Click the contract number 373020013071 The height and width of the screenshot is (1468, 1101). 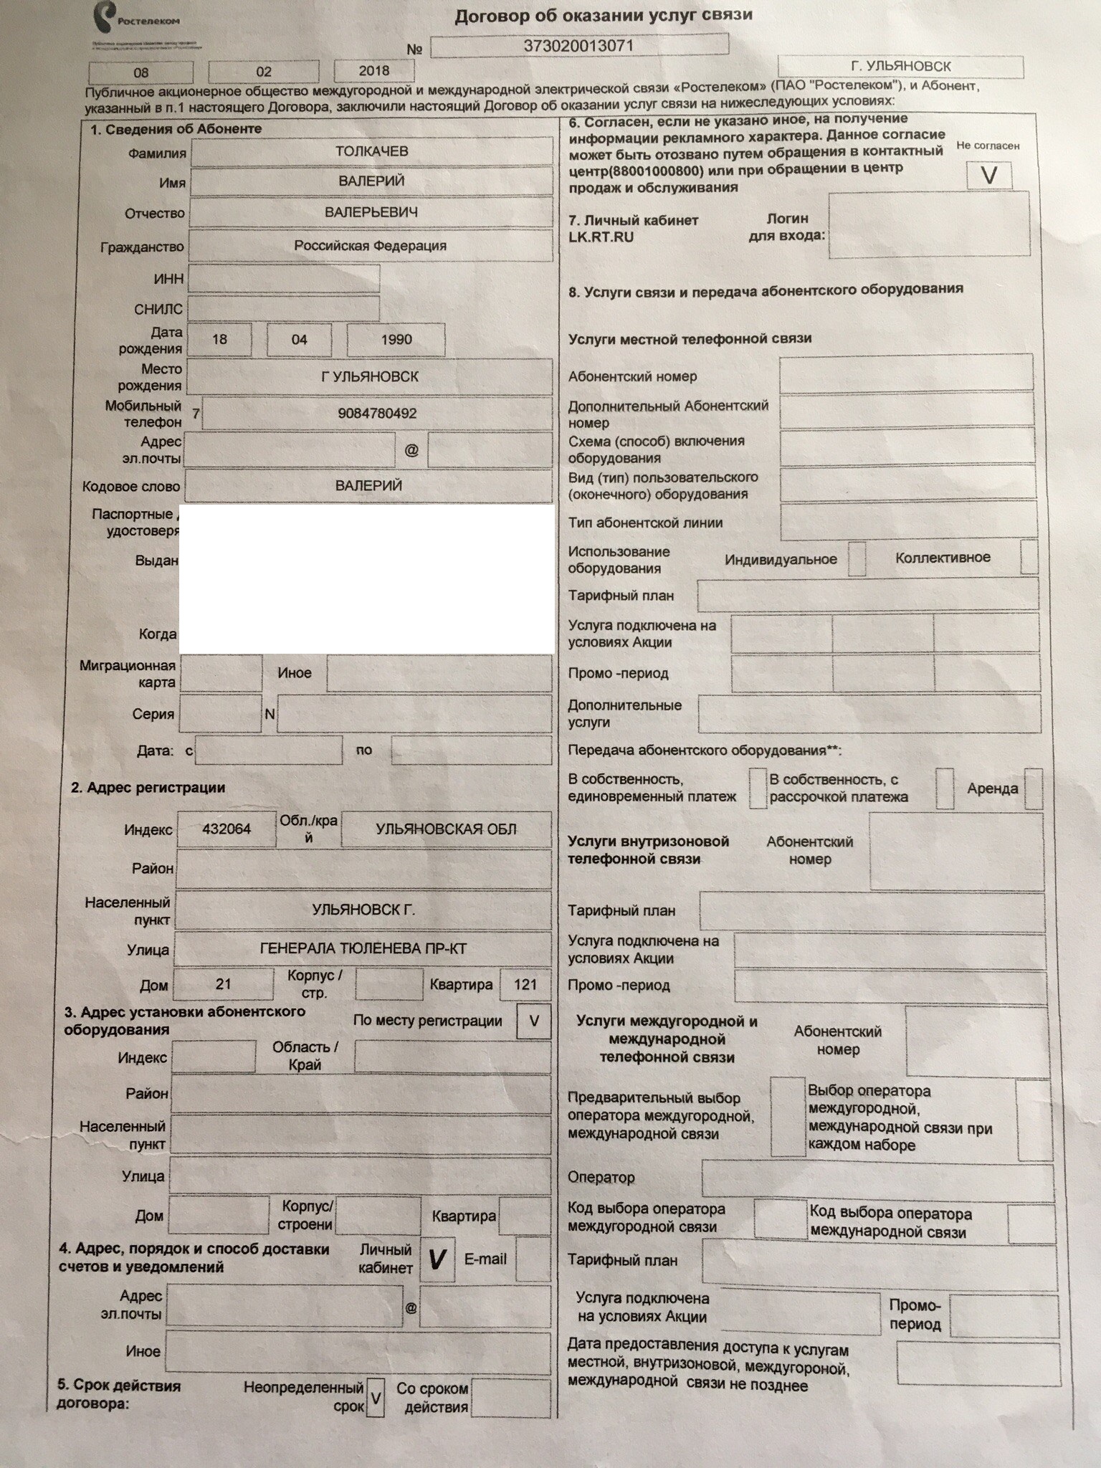click(579, 46)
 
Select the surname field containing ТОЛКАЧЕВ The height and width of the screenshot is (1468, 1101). click(371, 151)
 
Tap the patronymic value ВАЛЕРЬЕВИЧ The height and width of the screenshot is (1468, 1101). click(371, 213)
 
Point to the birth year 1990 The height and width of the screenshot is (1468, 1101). click(396, 340)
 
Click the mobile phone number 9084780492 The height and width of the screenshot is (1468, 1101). click(377, 414)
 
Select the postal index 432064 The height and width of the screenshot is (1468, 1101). click(227, 829)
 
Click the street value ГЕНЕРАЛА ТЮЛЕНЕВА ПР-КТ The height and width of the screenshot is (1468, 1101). click(363, 949)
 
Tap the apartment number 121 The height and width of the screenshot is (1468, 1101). click(525, 984)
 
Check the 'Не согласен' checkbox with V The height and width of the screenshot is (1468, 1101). click(989, 175)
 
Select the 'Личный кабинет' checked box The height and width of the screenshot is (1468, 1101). click(437, 1259)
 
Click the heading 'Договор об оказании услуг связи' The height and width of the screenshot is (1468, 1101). click(604, 16)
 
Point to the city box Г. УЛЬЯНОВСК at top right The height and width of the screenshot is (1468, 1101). click(900, 67)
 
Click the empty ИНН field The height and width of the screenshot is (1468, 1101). click(284, 278)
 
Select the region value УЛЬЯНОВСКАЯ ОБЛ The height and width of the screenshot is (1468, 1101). click(446, 829)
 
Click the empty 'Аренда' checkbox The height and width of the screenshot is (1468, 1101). click(1033, 789)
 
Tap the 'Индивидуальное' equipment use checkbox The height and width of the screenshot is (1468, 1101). click(857, 558)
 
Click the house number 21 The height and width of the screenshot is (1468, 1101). click(224, 983)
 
